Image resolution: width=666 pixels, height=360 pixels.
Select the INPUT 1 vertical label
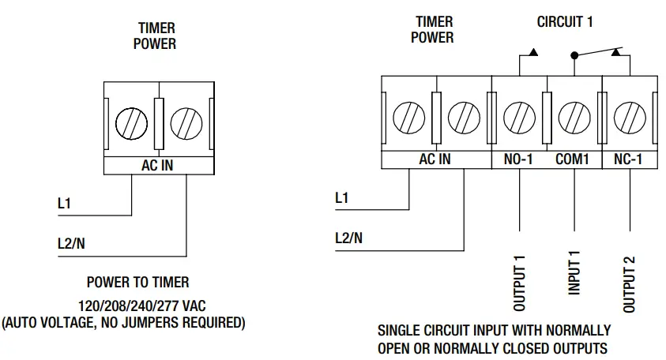(574, 273)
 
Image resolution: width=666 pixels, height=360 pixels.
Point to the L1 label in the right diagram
(341, 199)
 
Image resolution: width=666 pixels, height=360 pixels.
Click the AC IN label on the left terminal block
(157, 166)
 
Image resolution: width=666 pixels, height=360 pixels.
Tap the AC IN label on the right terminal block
(435, 159)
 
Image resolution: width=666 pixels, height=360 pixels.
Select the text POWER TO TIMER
(137, 282)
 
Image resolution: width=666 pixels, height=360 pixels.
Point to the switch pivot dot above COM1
(574, 55)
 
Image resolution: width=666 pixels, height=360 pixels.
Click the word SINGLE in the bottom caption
(401, 330)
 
